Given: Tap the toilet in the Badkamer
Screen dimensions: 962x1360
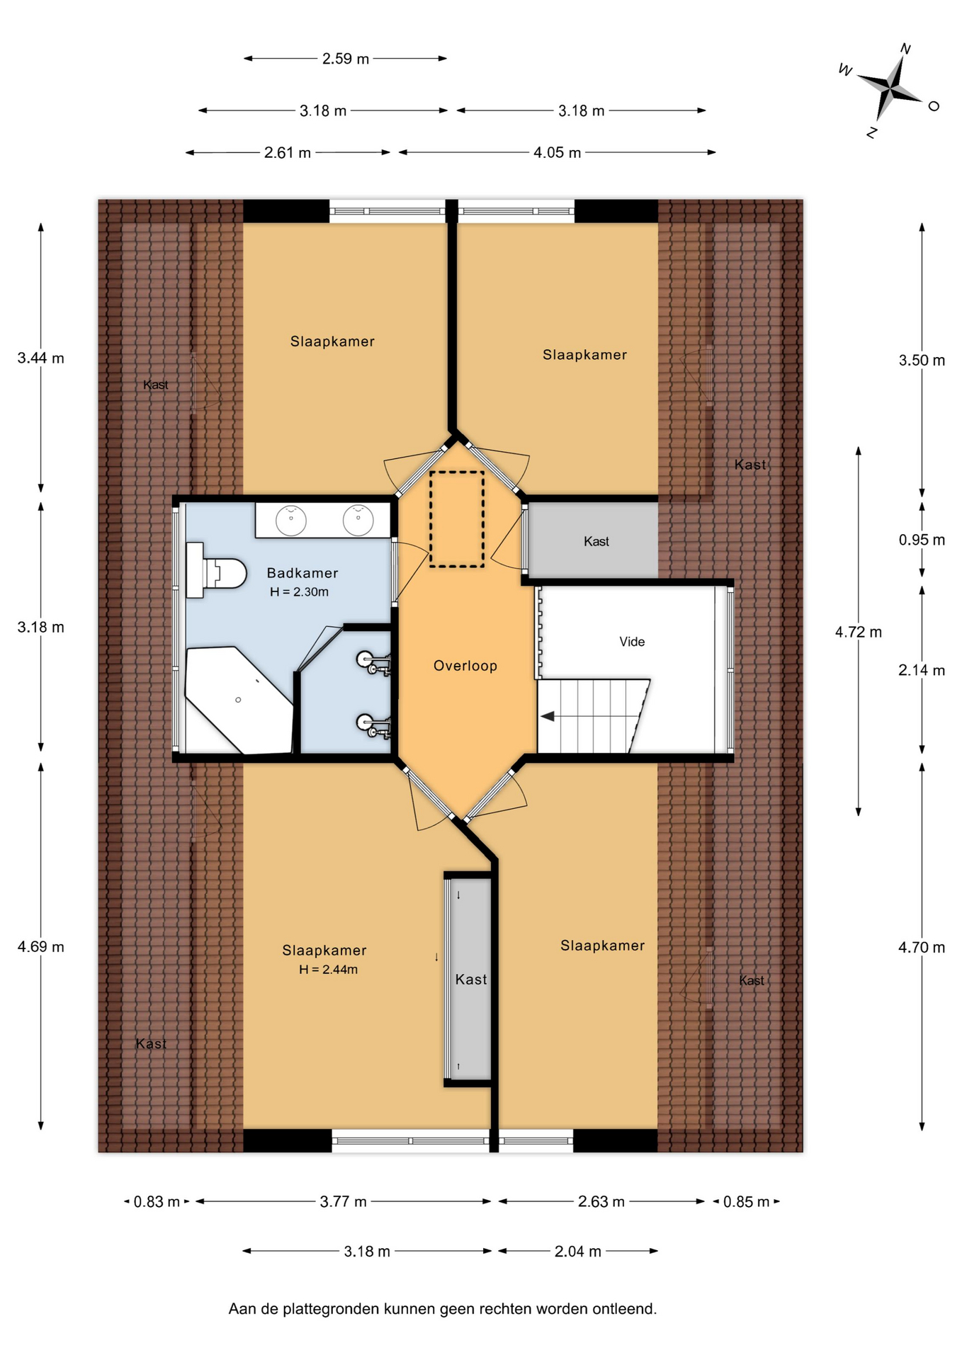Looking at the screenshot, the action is tap(215, 571).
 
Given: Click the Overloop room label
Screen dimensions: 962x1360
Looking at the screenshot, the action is tap(465, 666).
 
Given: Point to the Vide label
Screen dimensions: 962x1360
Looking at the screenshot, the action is tap(632, 642).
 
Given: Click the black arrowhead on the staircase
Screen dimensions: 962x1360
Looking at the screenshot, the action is tap(548, 716).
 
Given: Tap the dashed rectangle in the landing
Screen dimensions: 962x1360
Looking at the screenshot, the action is tap(457, 519).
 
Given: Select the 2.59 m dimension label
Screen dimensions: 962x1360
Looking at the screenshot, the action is tap(346, 59).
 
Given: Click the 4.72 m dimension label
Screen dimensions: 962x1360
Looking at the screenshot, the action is tap(859, 632).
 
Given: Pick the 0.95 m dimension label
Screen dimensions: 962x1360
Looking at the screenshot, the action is tap(922, 540).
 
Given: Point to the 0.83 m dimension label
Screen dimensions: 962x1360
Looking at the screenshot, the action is tap(157, 1201).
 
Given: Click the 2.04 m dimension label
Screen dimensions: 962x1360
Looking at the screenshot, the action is tap(578, 1252).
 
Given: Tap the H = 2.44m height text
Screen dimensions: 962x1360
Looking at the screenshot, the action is tap(328, 970).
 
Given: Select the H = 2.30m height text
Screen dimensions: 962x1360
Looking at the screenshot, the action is tap(299, 592).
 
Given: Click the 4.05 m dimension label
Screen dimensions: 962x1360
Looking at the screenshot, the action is tap(557, 152).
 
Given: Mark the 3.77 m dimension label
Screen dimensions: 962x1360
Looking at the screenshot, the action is tap(344, 1201).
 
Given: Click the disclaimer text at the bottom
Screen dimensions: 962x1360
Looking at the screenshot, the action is tap(443, 1309).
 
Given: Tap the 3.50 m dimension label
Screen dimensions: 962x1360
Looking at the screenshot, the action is tap(922, 360).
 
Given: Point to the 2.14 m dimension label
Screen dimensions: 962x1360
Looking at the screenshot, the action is tap(922, 670).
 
